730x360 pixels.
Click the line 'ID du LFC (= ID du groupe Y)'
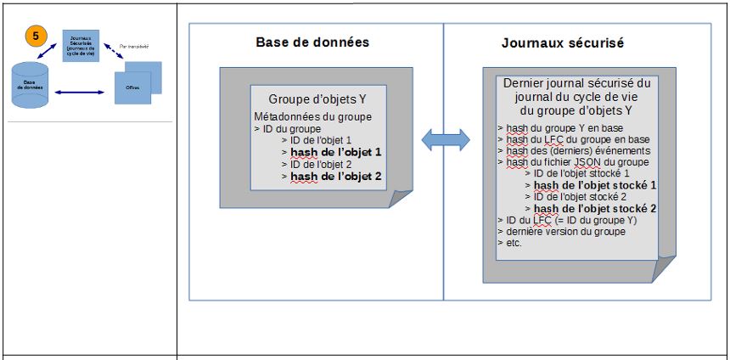click(567, 220)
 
